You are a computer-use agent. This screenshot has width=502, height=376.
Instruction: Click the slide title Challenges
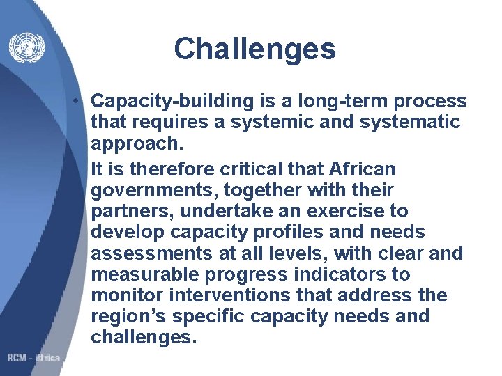pos(254,49)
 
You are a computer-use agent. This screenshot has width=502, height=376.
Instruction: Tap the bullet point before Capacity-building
pos(82,102)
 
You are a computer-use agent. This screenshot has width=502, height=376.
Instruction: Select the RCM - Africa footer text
pos(34,358)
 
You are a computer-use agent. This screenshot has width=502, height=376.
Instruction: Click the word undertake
pos(225,211)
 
